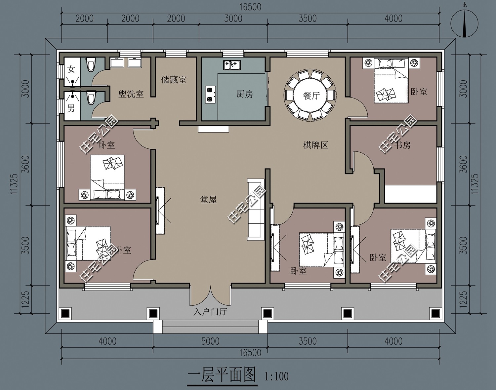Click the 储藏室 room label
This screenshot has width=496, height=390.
(174, 80)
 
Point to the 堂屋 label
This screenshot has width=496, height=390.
(208, 199)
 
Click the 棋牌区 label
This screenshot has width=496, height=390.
(315, 145)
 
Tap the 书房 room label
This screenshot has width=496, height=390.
(402, 145)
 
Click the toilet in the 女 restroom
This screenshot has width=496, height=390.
(90, 64)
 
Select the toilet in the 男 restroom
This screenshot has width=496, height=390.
(91, 98)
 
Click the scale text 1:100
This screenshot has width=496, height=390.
(276, 376)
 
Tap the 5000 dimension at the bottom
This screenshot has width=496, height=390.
(210, 341)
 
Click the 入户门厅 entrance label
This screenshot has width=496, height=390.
(210, 312)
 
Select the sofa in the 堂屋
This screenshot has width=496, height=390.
(256, 210)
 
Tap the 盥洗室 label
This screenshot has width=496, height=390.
(131, 94)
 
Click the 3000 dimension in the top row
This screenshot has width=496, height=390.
(233, 19)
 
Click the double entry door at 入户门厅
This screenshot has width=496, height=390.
(210, 295)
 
